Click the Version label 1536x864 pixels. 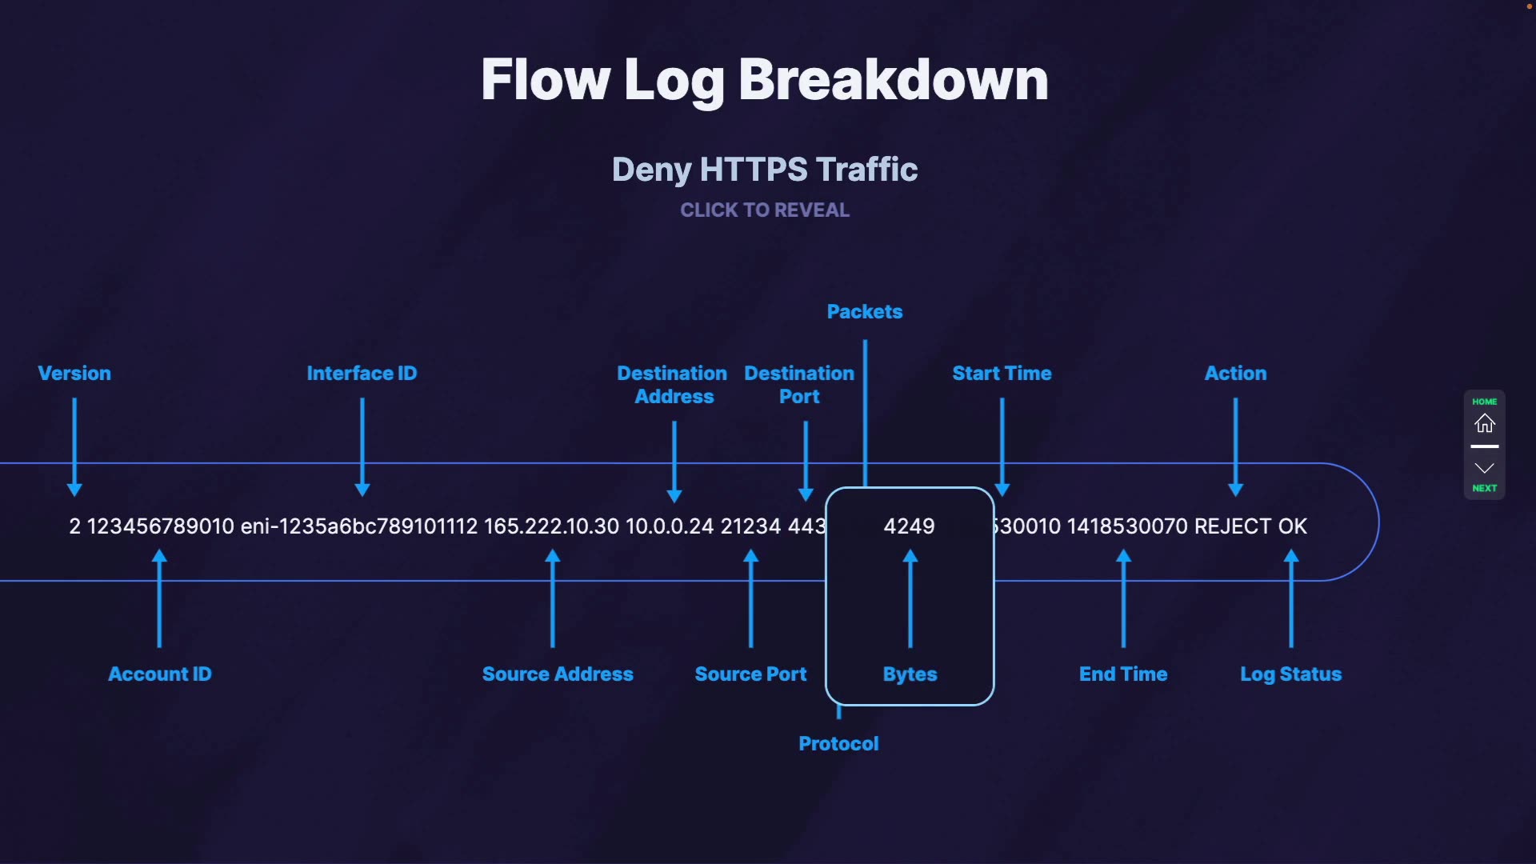click(x=74, y=374)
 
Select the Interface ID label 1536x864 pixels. click(x=362, y=374)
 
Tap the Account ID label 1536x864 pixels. click(x=160, y=674)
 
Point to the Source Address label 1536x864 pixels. click(x=558, y=674)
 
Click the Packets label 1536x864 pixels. click(x=865, y=312)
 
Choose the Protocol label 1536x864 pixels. click(x=838, y=744)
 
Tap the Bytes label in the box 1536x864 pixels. click(x=910, y=674)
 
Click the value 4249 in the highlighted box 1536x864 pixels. click(x=909, y=526)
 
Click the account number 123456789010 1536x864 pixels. click(x=160, y=526)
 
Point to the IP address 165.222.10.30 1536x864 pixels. click(x=551, y=526)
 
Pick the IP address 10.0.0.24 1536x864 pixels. click(x=670, y=526)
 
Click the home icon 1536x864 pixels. click(x=1485, y=423)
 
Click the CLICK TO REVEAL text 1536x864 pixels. click(x=765, y=210)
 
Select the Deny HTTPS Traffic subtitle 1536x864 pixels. click(x=765, y=170)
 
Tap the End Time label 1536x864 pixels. click(x=1123, y=674)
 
